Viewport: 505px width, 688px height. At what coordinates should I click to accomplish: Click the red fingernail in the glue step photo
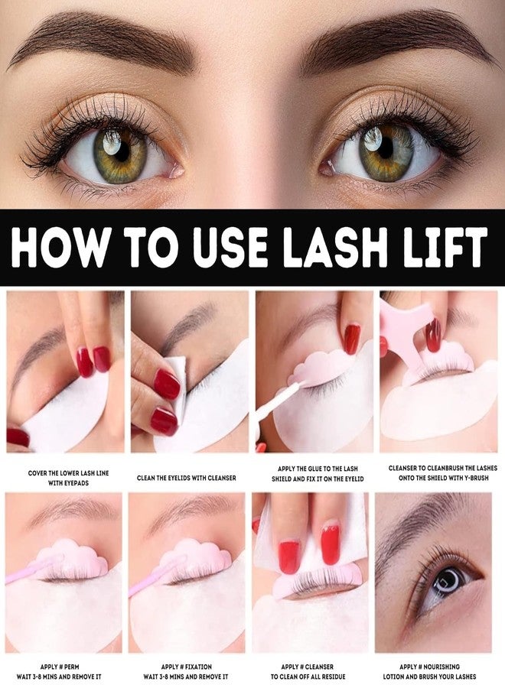pyautogui.click(x=352, y=339)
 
